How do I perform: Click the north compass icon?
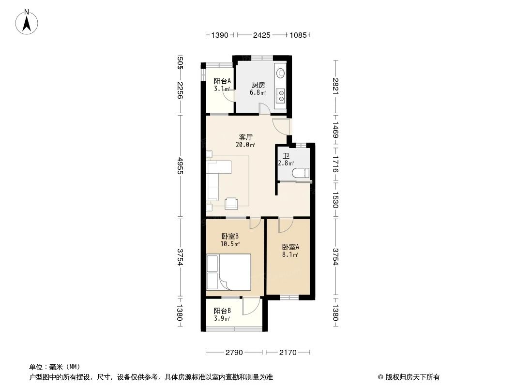[28, 21]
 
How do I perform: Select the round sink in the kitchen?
[280, 74]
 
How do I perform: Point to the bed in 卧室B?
[229, 271]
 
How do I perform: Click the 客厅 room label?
[246, 137]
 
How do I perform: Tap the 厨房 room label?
[258, 85]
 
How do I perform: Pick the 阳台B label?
[222, 311]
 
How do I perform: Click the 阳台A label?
[222, 81]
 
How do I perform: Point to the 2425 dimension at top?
[261, 35]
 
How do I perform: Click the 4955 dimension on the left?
[180, 166]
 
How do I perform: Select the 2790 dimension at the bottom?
[234, 353]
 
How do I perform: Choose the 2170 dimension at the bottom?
[288, 353]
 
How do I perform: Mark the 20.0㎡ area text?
[246, 145]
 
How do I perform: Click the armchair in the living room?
[231, 204]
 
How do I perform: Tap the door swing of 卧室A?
[285, 225]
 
